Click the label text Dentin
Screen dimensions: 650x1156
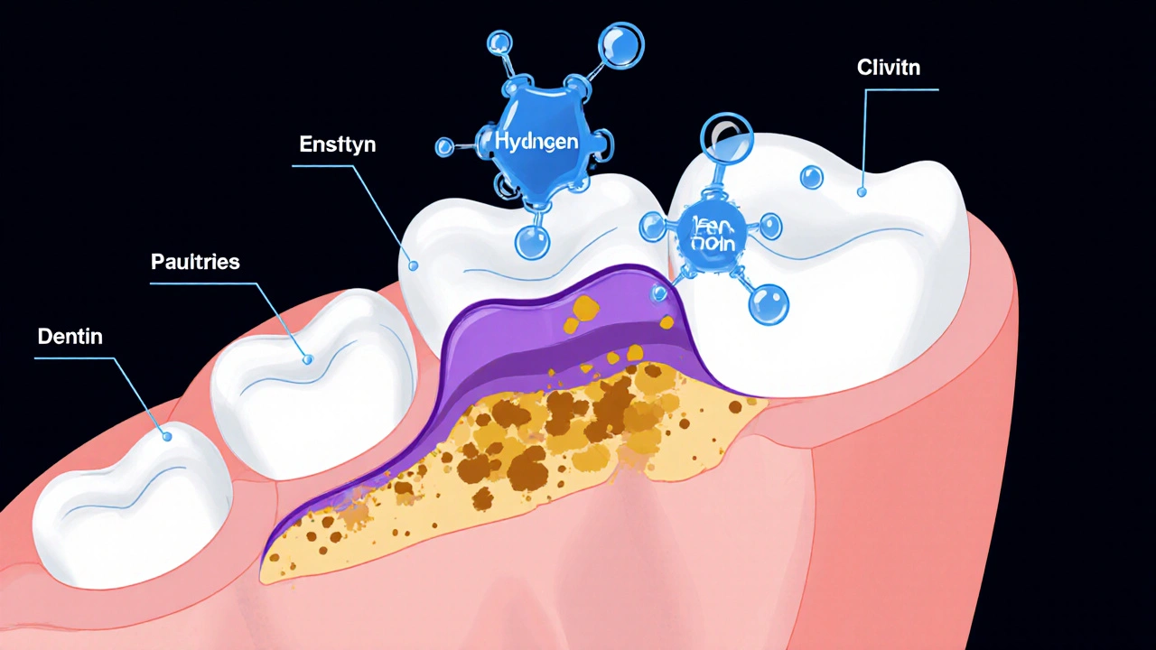(70, 337)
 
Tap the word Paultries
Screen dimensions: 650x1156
(195, 263)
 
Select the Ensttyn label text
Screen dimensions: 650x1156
(338, 144)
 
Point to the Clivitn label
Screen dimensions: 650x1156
(890, 68)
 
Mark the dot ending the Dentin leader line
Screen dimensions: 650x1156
(167, 437)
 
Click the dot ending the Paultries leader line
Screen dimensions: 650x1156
(307, 359)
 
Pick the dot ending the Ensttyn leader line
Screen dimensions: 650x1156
(414, 266)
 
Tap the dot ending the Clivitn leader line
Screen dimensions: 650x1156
(862, 191)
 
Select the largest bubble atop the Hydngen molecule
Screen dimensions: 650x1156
(620, 43)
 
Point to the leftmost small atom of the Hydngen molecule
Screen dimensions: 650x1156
(444, 147)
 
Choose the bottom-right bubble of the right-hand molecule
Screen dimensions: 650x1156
(769, 302)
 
